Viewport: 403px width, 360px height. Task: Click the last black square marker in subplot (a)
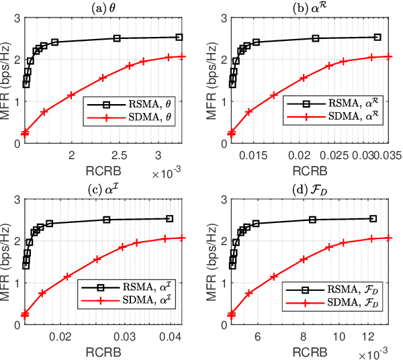click(x=179, y=38)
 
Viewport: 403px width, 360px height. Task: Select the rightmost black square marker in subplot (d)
click(x=373, y=218)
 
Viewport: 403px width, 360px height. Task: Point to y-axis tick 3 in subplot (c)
click(x=16, y=197)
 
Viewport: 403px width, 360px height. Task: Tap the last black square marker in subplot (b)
click(x=377, y=38)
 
